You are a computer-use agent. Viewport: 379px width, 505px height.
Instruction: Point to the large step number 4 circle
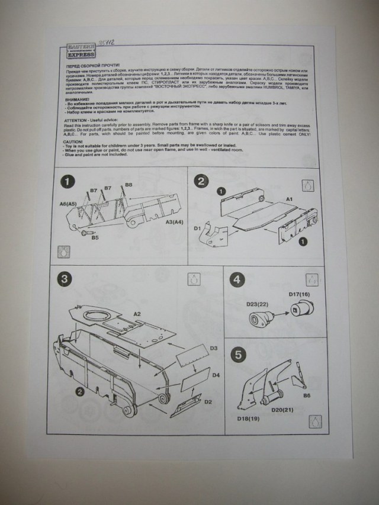237,279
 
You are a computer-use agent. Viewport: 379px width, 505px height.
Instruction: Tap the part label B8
129,185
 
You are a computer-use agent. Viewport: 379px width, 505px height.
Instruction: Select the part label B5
95,237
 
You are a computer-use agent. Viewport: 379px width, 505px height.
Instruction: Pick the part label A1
291,200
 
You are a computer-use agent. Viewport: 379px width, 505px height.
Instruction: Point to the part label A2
137,314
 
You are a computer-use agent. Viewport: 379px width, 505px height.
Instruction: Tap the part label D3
214,348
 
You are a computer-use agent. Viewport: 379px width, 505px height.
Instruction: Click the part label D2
208,402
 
